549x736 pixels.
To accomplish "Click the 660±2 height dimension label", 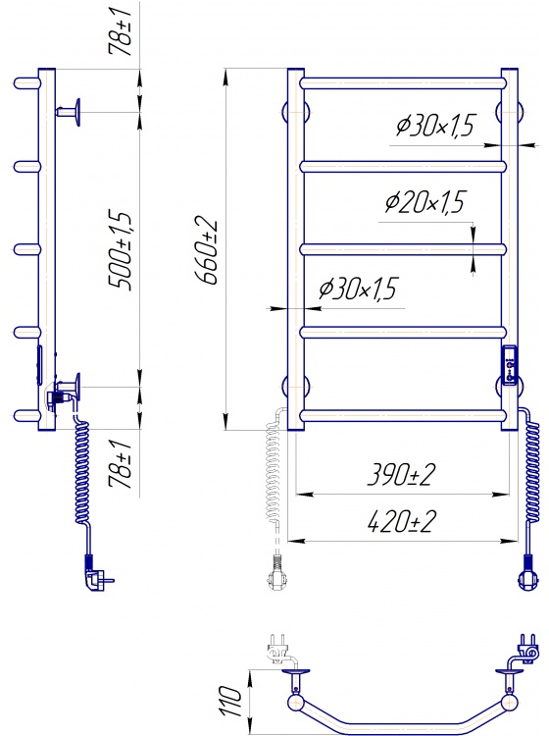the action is pyautogui.click(x=208, y=251).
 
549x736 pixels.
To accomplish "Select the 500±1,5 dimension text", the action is pyautogui.click(x=120, y=251).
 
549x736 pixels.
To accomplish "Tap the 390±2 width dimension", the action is pyautogui.click(x=401, y=474).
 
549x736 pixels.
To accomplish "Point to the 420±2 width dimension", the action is pyautogui.click(x=401, y=521).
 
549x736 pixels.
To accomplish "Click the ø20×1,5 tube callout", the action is pyautogui.click(x=424, y=202).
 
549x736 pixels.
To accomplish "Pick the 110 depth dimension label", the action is pyautogui.click(x=231, y=701).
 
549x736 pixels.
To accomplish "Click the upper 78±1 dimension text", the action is pyautogui.click(x=120, y=32).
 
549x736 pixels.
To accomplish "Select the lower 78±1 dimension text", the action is pyautogui.click(x=120, y=464).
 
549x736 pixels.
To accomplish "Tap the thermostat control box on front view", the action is pyautogui.click(x=510, y=365).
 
